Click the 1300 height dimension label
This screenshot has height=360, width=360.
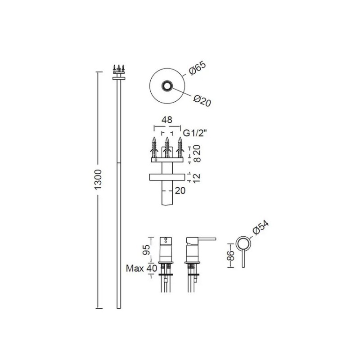98,180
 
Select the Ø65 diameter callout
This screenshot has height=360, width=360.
198,68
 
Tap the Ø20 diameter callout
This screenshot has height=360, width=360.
202,101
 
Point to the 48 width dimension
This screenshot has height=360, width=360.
167,120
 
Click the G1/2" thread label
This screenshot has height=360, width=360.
194,133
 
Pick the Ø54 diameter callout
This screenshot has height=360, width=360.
261,228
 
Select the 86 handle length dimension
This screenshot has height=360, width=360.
231,256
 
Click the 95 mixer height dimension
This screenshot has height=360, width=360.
146,250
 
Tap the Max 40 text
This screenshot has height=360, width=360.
142,268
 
